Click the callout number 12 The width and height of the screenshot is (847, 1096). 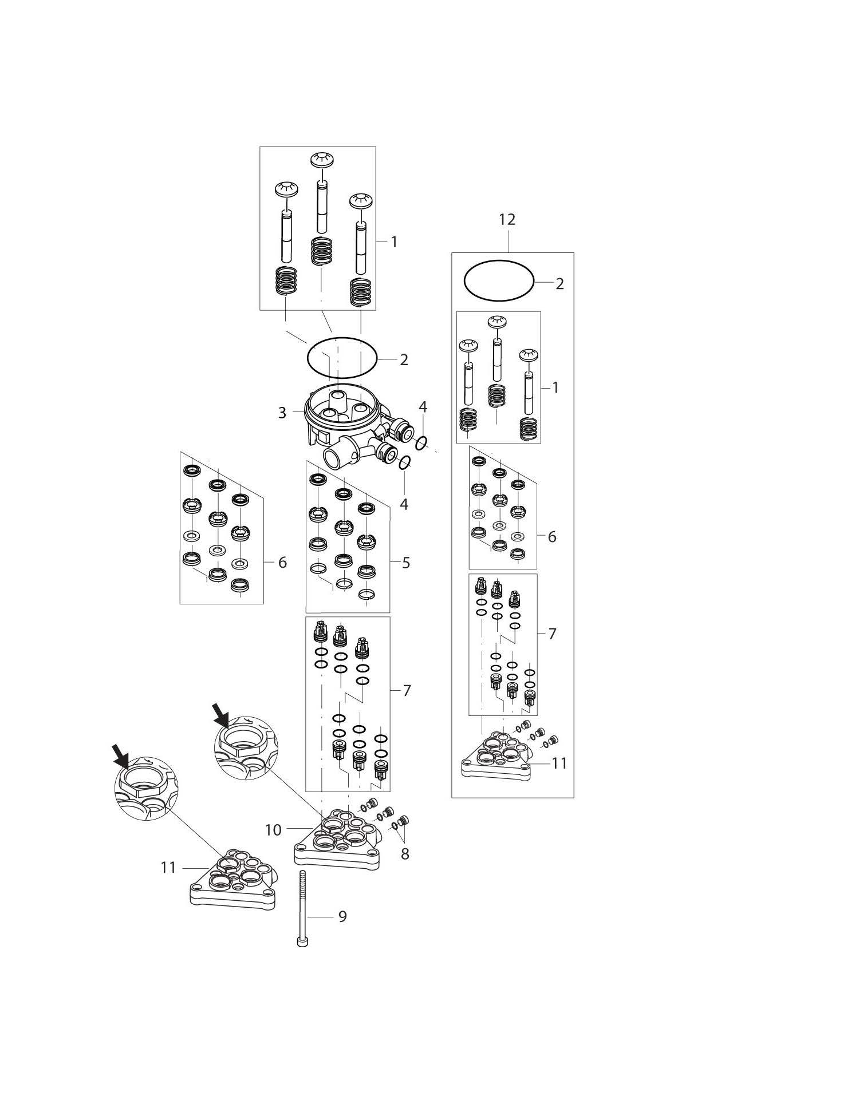point(507,219)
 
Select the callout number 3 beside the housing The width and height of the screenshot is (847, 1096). point(282,413)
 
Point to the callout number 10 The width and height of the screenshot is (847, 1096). point(273,830)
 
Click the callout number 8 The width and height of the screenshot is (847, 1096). point(405,854)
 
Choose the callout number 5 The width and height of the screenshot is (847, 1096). point(405,563)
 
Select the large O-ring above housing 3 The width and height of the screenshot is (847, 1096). point(342,357)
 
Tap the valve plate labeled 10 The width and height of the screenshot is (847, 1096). point(338,841)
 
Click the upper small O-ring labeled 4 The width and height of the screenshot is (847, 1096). point(421,442)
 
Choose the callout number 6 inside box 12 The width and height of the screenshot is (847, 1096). point(551,537)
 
